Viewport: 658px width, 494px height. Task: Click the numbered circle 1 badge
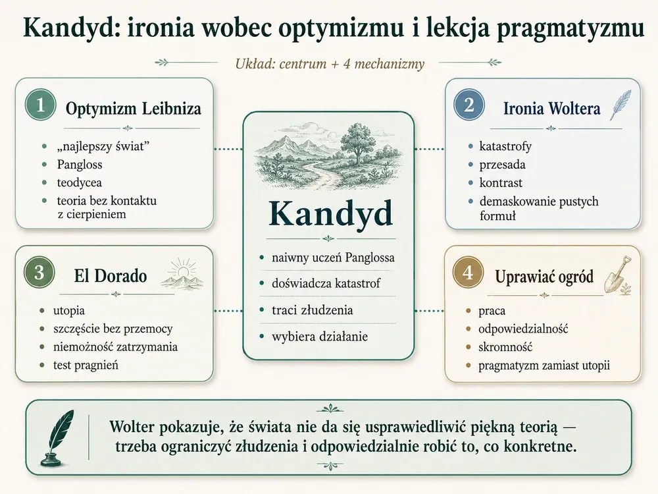pos(40,105)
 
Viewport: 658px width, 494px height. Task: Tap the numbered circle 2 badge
pos(468,105)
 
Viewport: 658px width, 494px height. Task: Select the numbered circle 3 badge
pos(39,272)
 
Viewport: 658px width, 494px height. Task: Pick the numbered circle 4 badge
pos(468,272)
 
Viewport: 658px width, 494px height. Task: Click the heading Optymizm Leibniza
pos(134,109)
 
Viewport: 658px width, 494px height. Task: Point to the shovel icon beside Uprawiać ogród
pos(617,274)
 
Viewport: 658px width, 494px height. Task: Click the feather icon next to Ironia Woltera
pos(620,105)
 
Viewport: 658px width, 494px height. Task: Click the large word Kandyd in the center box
pos(331,213)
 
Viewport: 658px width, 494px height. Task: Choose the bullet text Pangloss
pos(80,164)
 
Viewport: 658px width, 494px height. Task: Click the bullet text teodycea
pos(80,182)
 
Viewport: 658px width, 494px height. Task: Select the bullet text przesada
pos(502,165)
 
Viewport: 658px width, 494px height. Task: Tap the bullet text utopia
pos(69,311)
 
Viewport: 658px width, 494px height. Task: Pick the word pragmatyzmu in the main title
pos(570,28)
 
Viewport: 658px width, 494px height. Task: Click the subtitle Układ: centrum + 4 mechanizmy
pos(330,64)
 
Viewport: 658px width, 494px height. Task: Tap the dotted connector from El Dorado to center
pos(228,312)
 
